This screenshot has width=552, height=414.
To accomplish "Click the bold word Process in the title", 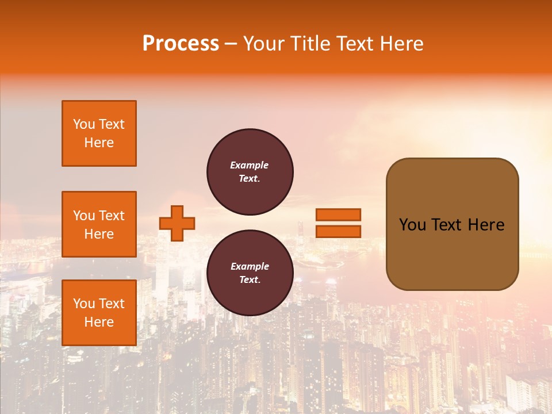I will point(181,44).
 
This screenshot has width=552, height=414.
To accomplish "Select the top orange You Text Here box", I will point(99,133).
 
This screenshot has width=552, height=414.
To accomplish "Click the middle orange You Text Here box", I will point(99,224).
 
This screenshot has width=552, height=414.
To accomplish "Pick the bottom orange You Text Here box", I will point(99,313).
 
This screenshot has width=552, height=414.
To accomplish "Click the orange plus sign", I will point(177,223).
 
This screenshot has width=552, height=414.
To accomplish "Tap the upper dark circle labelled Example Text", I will point(250,172).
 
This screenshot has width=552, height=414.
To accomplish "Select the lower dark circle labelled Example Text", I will point(250,273).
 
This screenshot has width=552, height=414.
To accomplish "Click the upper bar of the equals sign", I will point(338,214).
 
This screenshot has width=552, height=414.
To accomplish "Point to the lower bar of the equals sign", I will point(338,231).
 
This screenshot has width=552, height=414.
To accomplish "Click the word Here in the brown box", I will point(486,225).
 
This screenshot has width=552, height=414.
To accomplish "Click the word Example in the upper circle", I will point(250,165).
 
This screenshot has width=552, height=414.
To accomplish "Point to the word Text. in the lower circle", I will point(250,280).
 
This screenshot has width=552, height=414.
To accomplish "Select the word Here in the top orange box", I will point(99,143).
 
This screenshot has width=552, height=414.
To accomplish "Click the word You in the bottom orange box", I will point(84,304).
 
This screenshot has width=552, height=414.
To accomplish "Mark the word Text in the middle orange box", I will point(112,216).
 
